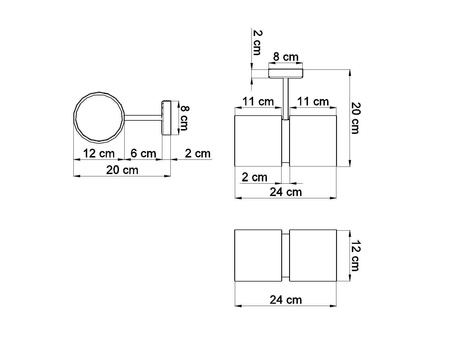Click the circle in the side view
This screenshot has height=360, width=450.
tap(75, 117)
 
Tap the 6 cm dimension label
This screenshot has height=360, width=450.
tap(143, 153)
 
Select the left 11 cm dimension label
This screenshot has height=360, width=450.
tap(258, 101)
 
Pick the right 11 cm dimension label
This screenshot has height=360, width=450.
tap(313, 101)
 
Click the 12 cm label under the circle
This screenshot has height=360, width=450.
tap(99, 153)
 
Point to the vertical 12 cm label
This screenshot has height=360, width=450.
tap(355, 255)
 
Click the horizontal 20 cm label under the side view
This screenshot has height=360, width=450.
tap(122, 170)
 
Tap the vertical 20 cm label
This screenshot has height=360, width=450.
tap(355, 118)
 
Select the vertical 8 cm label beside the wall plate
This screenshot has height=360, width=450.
tap(184, 117)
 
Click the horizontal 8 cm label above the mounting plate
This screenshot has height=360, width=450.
tap(286, 57)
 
